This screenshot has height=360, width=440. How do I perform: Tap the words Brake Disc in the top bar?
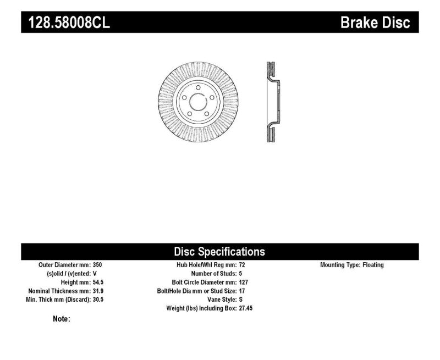coord(376,23)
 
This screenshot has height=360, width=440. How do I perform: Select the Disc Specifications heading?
coord(219,252)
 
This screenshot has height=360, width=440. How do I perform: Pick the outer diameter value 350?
coord(97,265)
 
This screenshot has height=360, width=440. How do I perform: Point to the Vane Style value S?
coord(241,300)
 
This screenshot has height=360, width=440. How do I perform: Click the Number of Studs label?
coord(214,273)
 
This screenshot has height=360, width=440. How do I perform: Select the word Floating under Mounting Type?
coord(373,265)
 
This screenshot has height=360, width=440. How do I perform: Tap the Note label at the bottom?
coord(61,319)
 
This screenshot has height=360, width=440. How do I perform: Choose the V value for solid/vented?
coord(95,273)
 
